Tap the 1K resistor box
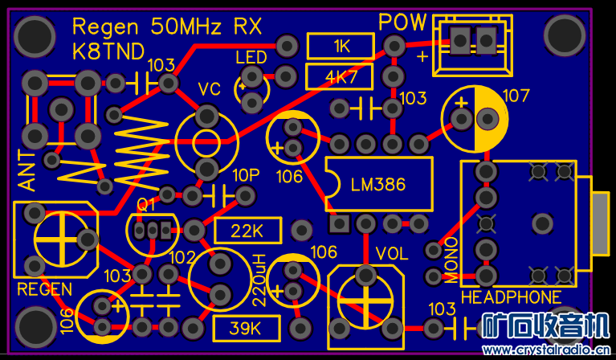pyautogui.click(x=341, y=47)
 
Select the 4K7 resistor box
pyautogui.click(x=341, y=78)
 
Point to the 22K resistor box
pyautogui.click(x=247, y=231)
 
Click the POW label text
pyautogui.click(x=402, y=22)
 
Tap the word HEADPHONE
pyautogui.click(x=511, y=297)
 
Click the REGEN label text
pyautogui.click(x=45, y=289)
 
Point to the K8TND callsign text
pyautogui.click(x=108, y=52)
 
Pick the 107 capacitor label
pyautogui.click(x=516, y=96)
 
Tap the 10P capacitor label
pyautogui.click(x=246, y=175)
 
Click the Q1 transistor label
pyautogui.click(x=146, y=205)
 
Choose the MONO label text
pyautogui.click(x=451, y=260)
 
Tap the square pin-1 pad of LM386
pyautogui.click(x=340, y=223)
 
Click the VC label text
pyautogui.click(x=209, y=88)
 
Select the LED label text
pyautogui.click(x=251, y=58)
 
